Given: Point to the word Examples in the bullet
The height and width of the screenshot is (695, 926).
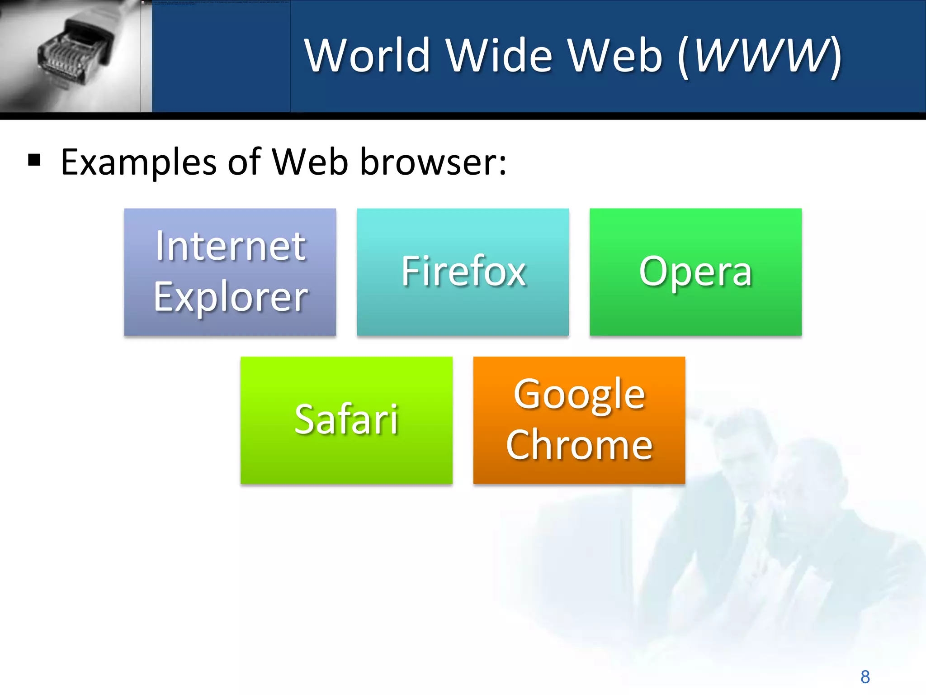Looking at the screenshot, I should click(x=138, y=162).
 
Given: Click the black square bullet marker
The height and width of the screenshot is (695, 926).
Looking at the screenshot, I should click(x=34, y=160).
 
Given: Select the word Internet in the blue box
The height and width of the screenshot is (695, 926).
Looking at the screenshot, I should click(x=231, y=246).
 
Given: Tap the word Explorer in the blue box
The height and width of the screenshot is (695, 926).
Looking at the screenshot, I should click(x=231, y=297).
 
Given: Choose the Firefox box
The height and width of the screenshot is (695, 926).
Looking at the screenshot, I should click(x=463, y=271).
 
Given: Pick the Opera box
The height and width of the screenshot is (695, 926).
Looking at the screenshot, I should click(x=695, y=271).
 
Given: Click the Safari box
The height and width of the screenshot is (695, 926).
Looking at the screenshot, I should click(x=346, y=420).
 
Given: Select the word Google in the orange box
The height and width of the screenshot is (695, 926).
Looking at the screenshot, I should click(x=579, y=395).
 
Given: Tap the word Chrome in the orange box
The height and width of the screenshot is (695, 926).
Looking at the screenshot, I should click(x=579, y=445).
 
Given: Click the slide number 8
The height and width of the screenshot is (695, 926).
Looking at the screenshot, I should click(x=865, y=677).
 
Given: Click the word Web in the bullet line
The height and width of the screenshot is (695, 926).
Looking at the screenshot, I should click(x=310, y=162).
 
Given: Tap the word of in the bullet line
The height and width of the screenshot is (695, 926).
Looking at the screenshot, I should click(x=244, y=162).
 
